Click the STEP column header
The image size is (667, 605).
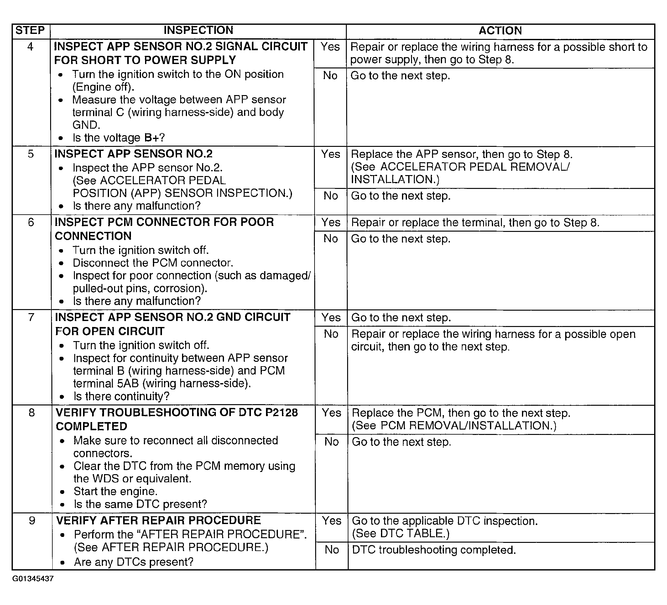pos(30,30)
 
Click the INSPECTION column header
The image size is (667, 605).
pos(198,30)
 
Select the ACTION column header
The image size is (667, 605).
pos(500,31)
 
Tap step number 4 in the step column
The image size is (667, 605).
pos(30,47)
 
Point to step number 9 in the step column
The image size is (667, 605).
pos(32,521)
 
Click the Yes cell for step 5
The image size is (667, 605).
pos(331,154)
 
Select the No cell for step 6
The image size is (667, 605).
pos(331,238)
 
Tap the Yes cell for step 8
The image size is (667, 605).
pos(331,413)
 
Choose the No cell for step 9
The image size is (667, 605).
pos(331,550)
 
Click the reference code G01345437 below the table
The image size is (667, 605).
pos(33,579)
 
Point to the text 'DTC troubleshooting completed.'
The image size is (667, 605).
pos(434,550)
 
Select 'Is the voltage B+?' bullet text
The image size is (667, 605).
pos(118,138)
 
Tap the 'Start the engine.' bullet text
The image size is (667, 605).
pos(116,491)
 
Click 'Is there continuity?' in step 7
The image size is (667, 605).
pos(122,396)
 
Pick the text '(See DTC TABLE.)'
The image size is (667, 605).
pos(401,533)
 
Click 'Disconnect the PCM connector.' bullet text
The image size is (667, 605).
pos(153,263)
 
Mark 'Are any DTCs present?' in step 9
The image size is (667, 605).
pos(134,562)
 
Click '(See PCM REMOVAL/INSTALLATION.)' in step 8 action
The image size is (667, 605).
pos(454,426)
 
